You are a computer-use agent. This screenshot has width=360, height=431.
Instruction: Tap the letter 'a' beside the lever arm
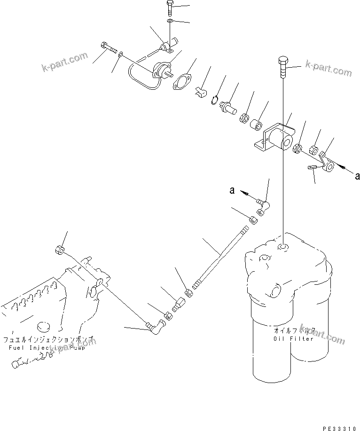tap(357, 176)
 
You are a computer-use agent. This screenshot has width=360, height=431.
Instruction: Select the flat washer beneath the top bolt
tap(169, 21)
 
